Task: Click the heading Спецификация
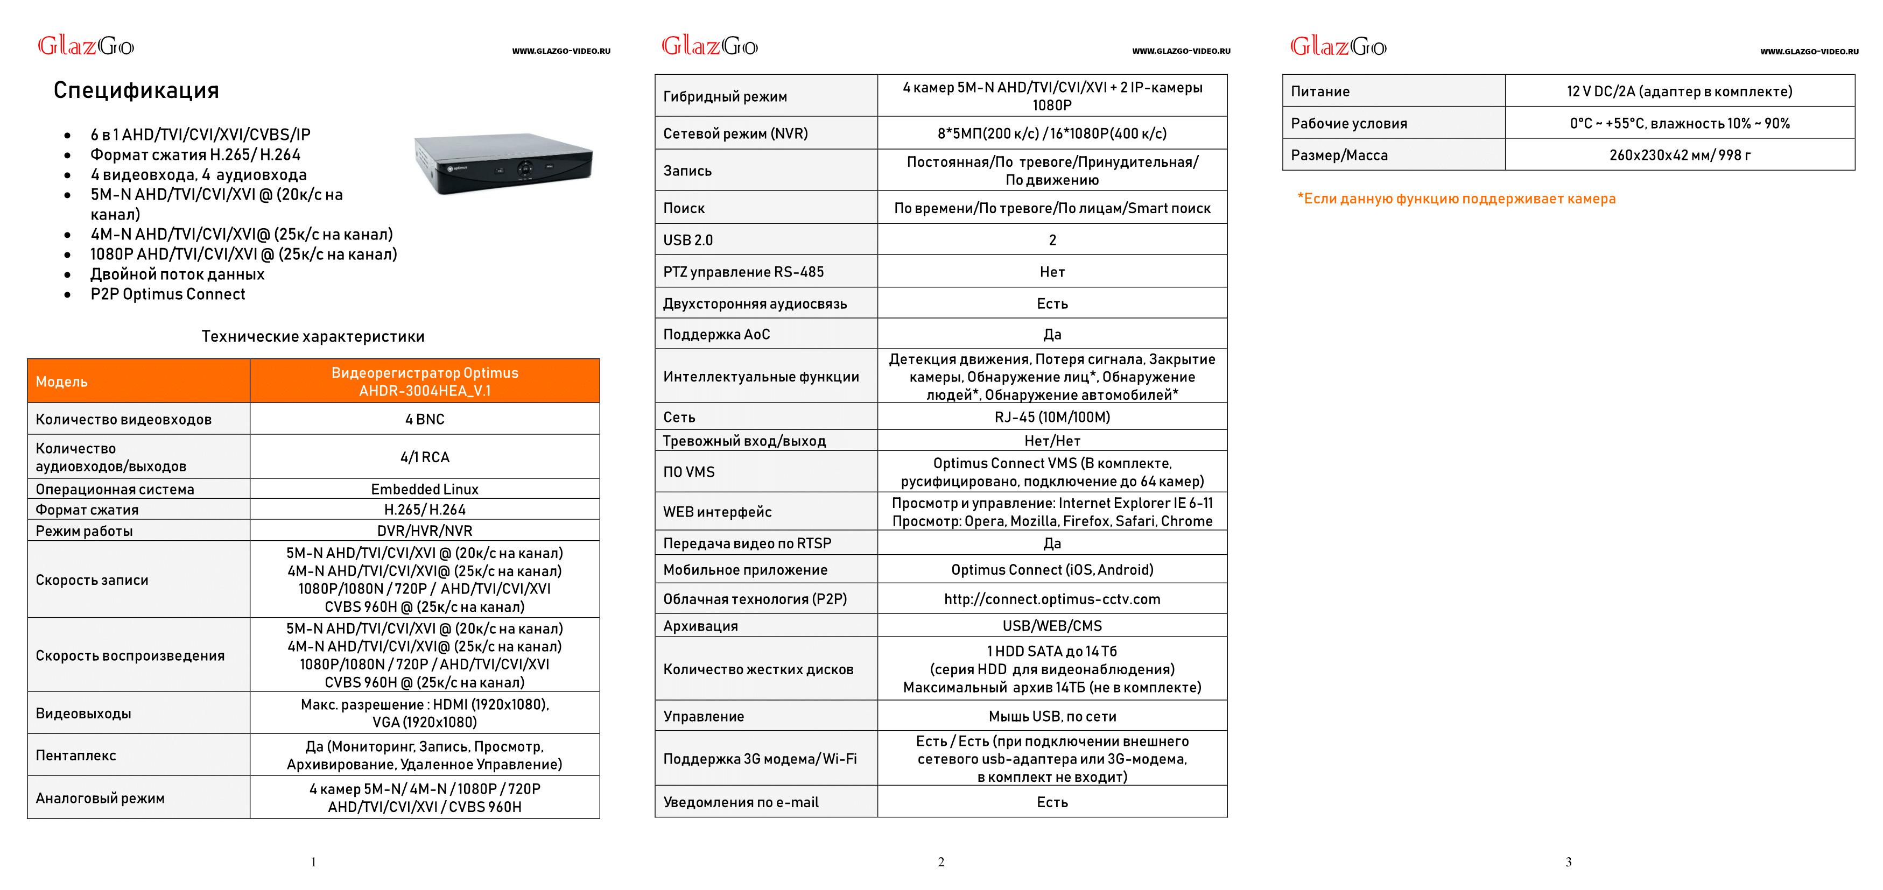click(x=136, y=90)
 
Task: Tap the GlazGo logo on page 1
click(x=86, y=46)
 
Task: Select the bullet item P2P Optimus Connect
click(x=167, y=294)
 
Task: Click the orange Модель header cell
click(x=138, y=380)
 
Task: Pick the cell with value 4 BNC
click(x=424, y=419)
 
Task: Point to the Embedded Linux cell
click(x=424, y=489)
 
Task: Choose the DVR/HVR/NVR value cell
click(x=424, y=531)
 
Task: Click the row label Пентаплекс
click(x=76, y=755)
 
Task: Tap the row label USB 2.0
click(x=688, y=239)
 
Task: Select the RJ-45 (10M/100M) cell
click(x=1052, y=416)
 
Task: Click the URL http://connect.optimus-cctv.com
click(x=1052, y=598)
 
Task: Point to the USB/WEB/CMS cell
click(x=1052, y=625)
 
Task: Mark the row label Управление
click(x=703, y=716)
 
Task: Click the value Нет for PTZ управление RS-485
click(x=1052, y=272)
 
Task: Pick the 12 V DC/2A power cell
click(x=1679, y=91)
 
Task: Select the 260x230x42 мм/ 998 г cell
click(x=1679, y=155)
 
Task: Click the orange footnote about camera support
click(x=1456, y=199)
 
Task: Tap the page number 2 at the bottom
click(x=941, y=862)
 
